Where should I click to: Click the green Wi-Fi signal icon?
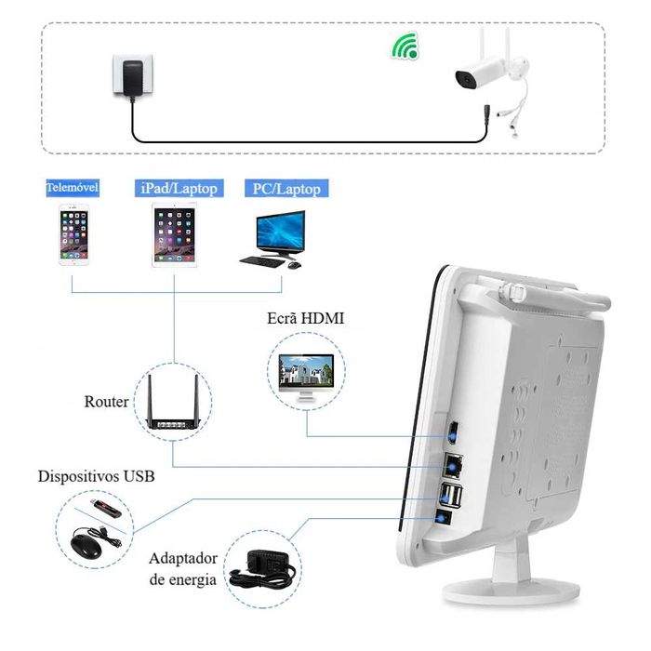(x=404, y=46)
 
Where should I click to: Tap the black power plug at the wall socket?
(x=129, y=75)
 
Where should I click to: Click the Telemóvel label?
(x=73, y=188)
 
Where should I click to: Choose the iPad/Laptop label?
(x=179, y=189)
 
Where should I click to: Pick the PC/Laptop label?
(x=286, y=189)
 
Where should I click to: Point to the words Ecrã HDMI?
(x=305, y=318)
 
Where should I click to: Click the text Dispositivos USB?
(x=96, y=476)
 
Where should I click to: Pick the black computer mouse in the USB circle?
(x=86, y=541)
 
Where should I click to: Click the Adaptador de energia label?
(x=182, y=568)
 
